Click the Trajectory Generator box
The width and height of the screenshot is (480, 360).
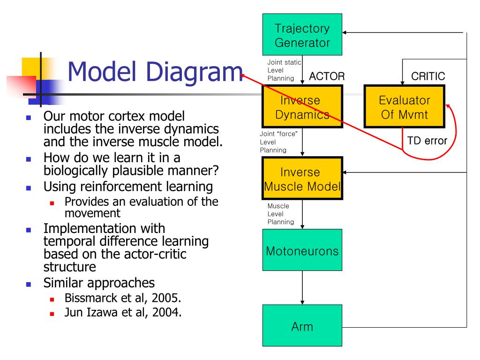[302, 34]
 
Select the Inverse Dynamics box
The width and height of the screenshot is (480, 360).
[302, 106]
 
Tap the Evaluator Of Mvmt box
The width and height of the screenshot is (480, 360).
[404, 106]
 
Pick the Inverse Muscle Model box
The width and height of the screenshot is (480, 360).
[302, 178]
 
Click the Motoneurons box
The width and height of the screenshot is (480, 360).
[302, 250]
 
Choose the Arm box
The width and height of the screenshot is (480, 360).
[302, 325]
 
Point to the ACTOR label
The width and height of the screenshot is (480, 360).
[327, 76]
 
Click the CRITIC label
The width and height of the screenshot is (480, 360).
[428, 76]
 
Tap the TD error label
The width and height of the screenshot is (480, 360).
[427, 141]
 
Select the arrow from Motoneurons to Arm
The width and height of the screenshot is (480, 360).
[302, 288]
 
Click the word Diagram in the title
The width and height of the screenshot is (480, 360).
[195, 73]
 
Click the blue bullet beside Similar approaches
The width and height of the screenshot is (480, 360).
[29, 285]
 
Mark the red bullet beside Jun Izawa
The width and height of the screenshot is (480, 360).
[52, 314]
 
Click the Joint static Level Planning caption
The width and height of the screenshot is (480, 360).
[284, 70]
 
